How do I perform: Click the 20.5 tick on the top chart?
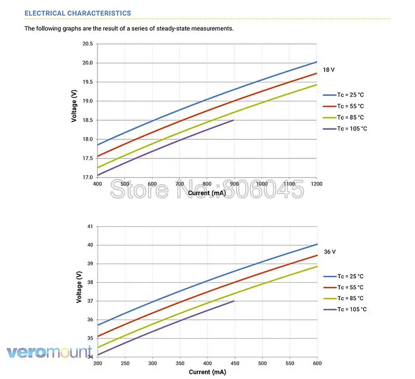tap(87, 44)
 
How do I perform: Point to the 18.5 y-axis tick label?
tap(87, 120)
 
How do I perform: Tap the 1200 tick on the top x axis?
tap(316, 184)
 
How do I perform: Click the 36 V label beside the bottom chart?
tap(330, 252)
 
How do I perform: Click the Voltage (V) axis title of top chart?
tap(74, 106)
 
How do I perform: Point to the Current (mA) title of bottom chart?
tap(207, 372)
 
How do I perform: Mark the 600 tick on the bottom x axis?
tap(316, 363)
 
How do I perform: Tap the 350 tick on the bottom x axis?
tap(179, 363)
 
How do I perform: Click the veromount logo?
tap(49, 353)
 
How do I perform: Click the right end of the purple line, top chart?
tap(234, 120)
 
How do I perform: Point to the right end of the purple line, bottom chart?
tap(234, 301)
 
